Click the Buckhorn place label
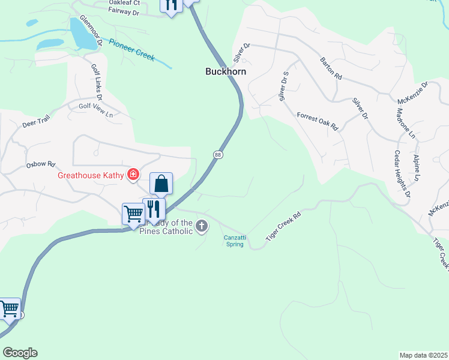pyautogui.click(x=226, y=71)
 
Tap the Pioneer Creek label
pyautogui.click(x=131, y=50)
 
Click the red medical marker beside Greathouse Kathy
pyautogui.click(x=133, y=175)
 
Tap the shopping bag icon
pyautogui.click(x=161, y=183)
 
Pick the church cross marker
pyautogui.click(x=202, y=226)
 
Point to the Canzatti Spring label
pyautogui.click(x=234, y=241)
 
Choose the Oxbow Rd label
pyautogui.click(x=40, y=163)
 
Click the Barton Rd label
pyautogui.click(x=330, y=69)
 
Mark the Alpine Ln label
pyautogui.click(x=416, y=167)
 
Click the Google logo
pyautogui.click(x=20, y=353)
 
